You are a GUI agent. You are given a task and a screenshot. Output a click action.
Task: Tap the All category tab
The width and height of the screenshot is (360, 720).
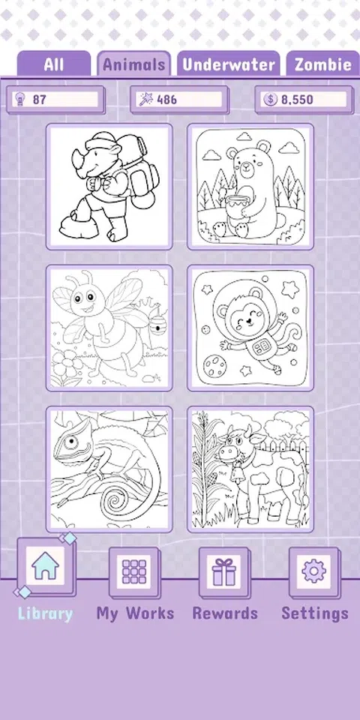(x=54, y=64)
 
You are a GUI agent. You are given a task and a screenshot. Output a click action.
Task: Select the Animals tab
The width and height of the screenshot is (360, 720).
(x=133, y=64)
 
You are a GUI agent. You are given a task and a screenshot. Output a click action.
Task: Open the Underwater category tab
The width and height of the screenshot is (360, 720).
(x=229, y=64)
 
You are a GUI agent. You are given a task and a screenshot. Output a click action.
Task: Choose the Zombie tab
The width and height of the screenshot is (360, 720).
(x=322, y=64)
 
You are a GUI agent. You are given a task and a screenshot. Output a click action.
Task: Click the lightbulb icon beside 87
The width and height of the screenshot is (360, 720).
(x=19, y=99)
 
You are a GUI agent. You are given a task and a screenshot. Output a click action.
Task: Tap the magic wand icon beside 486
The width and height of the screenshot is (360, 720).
(x=146, y=99)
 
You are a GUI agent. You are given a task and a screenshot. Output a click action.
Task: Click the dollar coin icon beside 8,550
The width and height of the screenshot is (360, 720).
(x=271, y=99)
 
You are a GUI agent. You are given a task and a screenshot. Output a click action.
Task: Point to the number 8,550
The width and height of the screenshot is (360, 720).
(x=297, y=99)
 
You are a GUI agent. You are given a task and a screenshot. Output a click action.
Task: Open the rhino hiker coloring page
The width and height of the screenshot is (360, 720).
(x=109, y=187)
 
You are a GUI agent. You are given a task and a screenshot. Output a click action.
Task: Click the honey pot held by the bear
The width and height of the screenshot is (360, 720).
(x=235, y=205)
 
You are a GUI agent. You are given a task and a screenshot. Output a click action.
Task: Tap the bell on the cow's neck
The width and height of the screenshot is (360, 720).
(x=238, y=473)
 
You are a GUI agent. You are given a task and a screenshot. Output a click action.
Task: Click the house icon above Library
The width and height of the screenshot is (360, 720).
(x=45, y=565)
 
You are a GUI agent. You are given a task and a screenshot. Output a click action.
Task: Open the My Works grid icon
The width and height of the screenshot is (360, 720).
(x=134, y=571)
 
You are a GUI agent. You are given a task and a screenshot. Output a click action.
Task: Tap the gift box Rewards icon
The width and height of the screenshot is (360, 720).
(x=224, y=571)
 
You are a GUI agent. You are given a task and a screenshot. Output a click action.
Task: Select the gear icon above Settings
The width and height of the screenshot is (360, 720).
(x=314, y=571)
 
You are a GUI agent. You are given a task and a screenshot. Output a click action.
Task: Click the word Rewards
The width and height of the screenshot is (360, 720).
(x=225, y=613)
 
